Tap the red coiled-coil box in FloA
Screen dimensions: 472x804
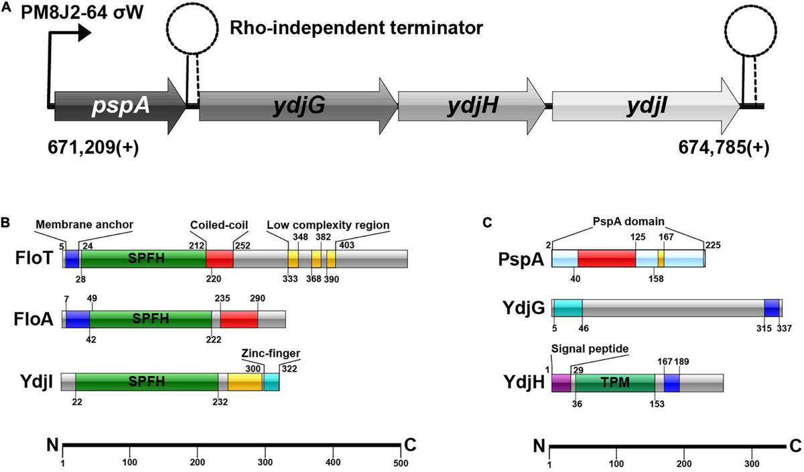point(239,319)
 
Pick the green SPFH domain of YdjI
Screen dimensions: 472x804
point(147,382)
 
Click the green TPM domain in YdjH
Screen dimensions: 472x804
point(614,382)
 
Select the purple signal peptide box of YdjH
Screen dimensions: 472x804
point(561,382)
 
